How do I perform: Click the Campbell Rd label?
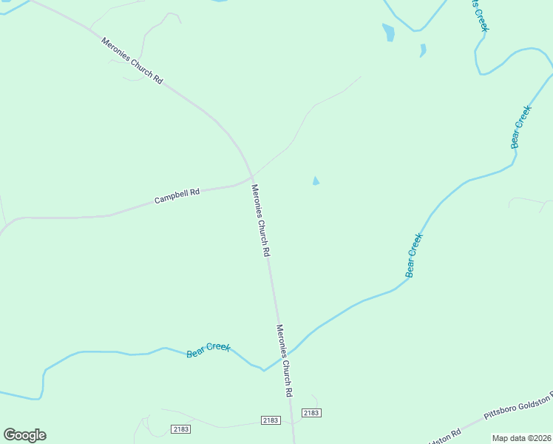[x=177, y=196]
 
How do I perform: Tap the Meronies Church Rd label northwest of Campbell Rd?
[x=132, y=61]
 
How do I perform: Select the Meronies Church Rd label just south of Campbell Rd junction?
[x=260, y=220]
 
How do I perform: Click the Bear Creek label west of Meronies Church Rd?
[x=208, y=349]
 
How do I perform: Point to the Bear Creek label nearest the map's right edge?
[x=521, y=127]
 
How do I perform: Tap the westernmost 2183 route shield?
[x=180, y=429]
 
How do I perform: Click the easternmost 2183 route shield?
[x=311, y=413]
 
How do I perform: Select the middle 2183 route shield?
[x=271, y=420]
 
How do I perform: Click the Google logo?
[x=24, y=435]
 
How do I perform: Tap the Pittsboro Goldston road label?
[x=518, y=408]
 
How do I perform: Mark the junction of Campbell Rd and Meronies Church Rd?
[x=252, y=178]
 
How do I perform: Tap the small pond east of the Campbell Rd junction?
[x=316, y=181]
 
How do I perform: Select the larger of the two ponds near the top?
[x=388, y=33]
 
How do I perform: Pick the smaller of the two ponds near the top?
[x=423, y=50]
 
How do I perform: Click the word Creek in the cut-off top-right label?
[x=482, y=21]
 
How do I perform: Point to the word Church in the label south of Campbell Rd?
[x=260, y=221]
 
